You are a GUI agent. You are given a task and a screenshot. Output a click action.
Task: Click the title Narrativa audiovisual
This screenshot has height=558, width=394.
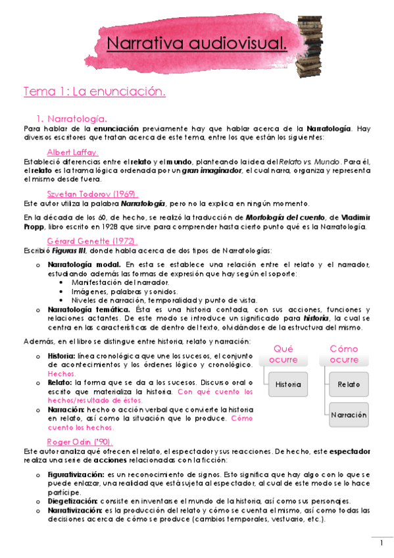[197, 44]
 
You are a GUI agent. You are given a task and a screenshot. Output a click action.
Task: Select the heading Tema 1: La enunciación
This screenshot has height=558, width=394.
[94, 91]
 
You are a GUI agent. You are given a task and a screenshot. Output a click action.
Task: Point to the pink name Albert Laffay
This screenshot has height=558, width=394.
[73, 152]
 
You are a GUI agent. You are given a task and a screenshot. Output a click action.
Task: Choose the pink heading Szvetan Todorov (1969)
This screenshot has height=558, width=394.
[92, 194]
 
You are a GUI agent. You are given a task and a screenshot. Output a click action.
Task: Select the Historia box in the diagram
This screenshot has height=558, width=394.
[288, 384]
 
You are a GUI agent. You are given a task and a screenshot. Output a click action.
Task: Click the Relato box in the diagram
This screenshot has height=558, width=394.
[349, 384]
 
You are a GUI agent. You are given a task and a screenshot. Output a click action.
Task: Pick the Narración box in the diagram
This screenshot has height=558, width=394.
[349, 415]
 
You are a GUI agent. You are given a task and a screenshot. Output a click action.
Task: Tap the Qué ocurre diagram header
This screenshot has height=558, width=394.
[283, 354]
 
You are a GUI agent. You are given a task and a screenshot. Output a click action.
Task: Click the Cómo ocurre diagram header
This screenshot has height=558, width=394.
[344, 354]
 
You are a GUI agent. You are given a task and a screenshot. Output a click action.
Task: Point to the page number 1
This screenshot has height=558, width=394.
[381, 543]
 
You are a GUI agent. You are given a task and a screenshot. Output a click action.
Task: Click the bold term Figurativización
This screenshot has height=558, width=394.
[76, 474]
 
